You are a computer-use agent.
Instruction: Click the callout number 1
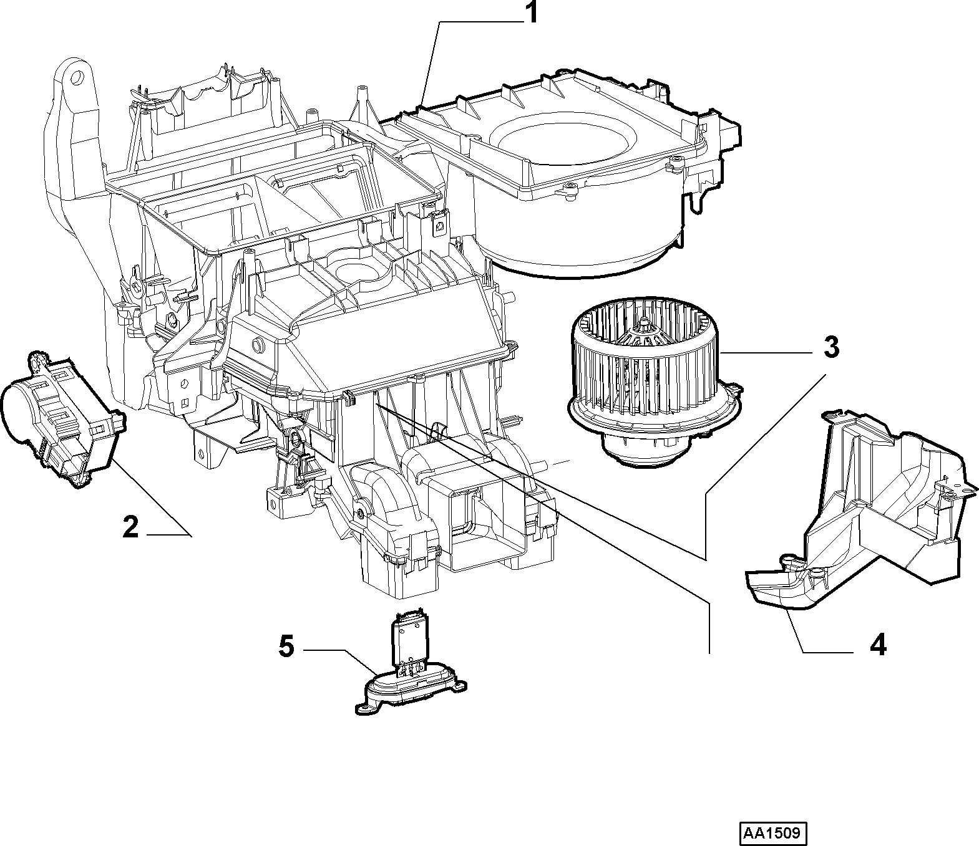(x=532, y=12)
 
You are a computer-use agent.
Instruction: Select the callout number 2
(x=131, y=527)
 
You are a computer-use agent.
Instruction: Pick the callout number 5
(x=286, y=646)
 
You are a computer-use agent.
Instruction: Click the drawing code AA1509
(x=774, y=832)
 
